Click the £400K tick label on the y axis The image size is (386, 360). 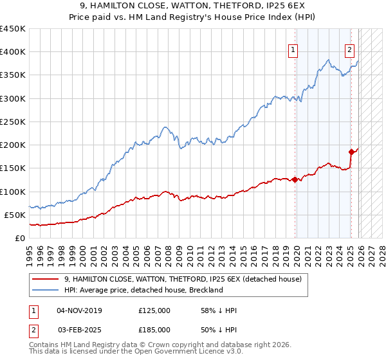coord(13,52)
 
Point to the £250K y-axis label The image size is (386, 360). coord(13,122)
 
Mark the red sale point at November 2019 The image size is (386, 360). coord(295,180)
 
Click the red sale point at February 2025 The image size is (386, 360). coord(351,152)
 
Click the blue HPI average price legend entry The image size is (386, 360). coord(143,290)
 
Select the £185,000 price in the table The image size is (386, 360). coord(154,329)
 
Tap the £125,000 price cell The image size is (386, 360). coord(154,310)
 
